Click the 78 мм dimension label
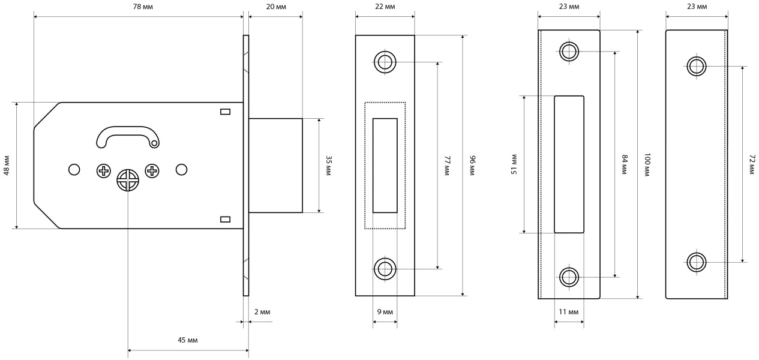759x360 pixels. click(139, 7)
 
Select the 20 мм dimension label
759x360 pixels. click(275, 7)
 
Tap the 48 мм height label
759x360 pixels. click(7, 165)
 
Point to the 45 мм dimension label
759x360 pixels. click(188, 340)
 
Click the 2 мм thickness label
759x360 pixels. click(262, 313)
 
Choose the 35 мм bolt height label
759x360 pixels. click(328, 165)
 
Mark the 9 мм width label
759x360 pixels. click(385, 313)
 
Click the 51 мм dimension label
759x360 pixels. click(514, 164)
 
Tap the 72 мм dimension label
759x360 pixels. click(751, 164)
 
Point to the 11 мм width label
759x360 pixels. click(569, 313)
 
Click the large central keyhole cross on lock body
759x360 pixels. click(128, 180)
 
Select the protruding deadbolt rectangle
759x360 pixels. click(275, 165)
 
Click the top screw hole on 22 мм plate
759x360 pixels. click(385, 62)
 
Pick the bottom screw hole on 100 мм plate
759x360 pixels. click(569, 277)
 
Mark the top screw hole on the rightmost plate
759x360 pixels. click(697, 66)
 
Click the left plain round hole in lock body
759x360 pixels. click(74, 170)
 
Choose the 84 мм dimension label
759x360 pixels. click(624, 164)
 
